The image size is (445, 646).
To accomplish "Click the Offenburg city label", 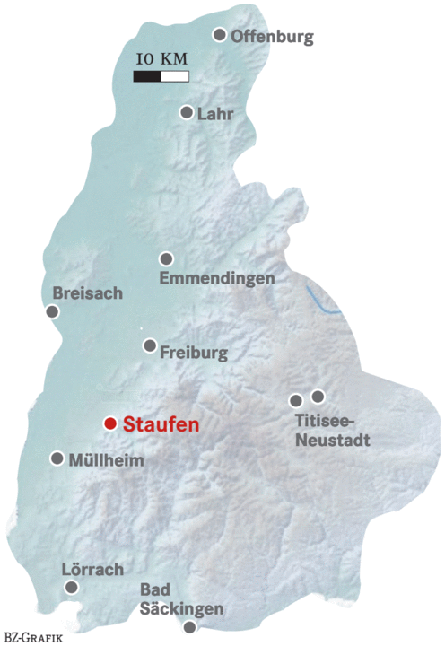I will (272, 37).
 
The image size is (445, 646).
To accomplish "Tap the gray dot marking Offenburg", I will (219, 34).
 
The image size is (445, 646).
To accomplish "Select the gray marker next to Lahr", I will (187, 112).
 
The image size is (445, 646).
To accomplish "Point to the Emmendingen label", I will (216, 279).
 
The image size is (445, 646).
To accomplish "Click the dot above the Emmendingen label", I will (166, 258).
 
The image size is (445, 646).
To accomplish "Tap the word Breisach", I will (87, 293).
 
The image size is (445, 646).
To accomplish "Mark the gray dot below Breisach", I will (52, 311).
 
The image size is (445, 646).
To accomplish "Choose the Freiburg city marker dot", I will (150, 345).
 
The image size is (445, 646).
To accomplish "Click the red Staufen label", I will (160, 424).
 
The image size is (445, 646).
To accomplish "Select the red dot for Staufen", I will (109, 423).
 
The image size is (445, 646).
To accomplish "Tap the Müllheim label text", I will (106, 459).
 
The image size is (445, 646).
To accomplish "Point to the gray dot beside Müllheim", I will (57, 458).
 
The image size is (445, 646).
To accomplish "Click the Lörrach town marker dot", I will (72, 587).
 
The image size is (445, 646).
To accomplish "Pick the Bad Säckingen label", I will (181, 600).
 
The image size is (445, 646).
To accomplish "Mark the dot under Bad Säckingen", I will (189, 628).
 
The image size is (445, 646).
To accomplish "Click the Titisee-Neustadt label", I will (331, 432).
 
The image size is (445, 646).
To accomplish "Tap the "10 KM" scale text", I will (161, 59).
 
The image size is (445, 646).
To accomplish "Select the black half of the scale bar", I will (146, 76).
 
